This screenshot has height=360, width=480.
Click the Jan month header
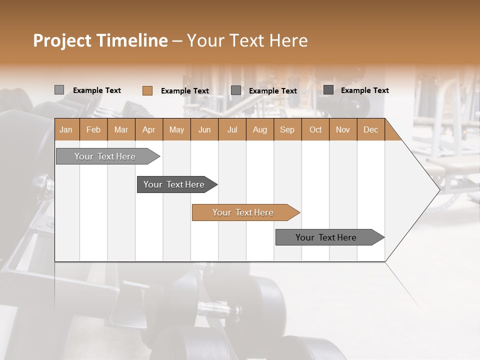tap(66, 129)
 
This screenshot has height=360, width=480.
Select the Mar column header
tap(121, 129)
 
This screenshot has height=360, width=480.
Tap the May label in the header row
tap(176, 129)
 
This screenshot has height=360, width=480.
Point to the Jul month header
tap(232, 129)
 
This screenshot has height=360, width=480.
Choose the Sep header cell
tap(287, 129)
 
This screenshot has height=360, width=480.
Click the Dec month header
tap(370, 129)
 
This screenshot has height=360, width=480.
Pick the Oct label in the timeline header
tap(315, 129)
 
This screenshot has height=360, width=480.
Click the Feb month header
tap(93, 129)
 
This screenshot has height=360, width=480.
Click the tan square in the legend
tap(147, 90)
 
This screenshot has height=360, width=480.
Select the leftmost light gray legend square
tap(59, 90)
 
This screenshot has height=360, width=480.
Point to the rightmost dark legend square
tap(328, 90)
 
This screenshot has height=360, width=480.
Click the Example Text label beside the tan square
tap(185, 91)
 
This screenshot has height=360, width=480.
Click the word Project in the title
tap(62, 40)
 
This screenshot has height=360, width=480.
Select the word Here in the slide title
tap(288, 40)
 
